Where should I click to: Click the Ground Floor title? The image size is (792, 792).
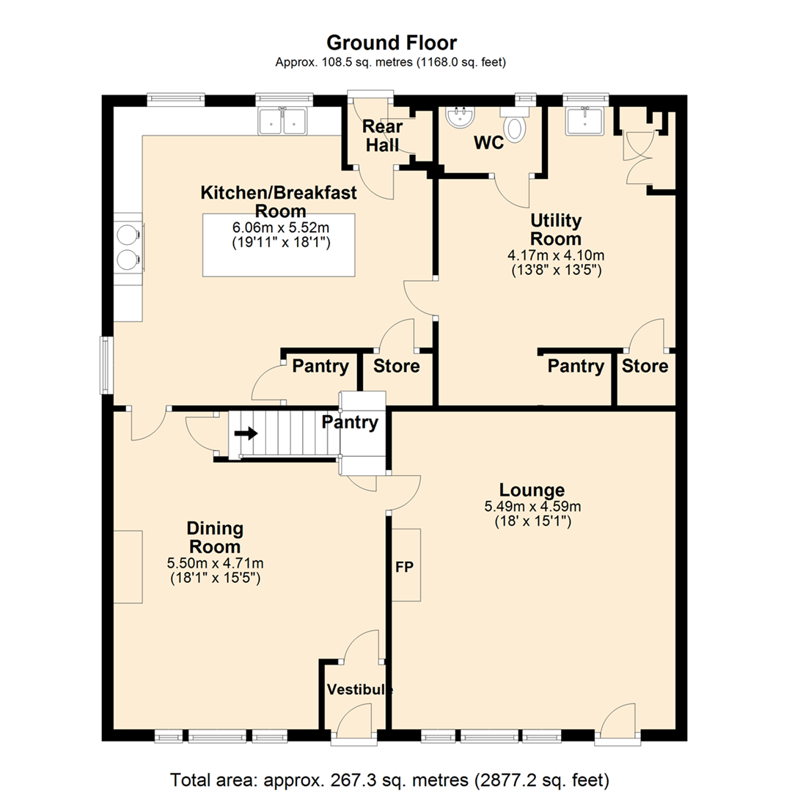click(x=392, y=43)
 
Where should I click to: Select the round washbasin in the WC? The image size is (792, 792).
click(x=460, y=117)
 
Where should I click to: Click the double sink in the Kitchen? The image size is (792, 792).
click(x=282, y=121)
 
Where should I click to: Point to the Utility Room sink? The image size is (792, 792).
click(x=585, y=121)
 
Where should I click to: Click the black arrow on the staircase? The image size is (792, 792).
click(x=246, y=433)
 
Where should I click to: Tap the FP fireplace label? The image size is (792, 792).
click(x=404, y=567)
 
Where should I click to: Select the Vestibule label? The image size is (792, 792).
click(x=359, y=689)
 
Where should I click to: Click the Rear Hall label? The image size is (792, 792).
click(x=382, y=136)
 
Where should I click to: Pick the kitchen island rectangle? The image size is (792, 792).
click(x=279, y=245)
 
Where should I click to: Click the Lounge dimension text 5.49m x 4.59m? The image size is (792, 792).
click(x=532, y=506)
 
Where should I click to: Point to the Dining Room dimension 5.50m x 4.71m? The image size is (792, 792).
click(x=215, y=563)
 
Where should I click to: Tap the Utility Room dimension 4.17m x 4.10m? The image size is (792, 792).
click(x=556, y=256)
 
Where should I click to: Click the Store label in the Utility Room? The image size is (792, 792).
click(x=645, y=366)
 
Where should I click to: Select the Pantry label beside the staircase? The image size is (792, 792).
click(x=350, y=422)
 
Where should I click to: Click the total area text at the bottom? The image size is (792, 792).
click(x=389, y=780)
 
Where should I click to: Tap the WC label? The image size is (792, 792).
click(x=488, y=143)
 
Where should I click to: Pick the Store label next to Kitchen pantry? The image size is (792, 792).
click(x=397, y=366)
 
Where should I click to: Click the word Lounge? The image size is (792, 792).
click(x=532, y=490)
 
